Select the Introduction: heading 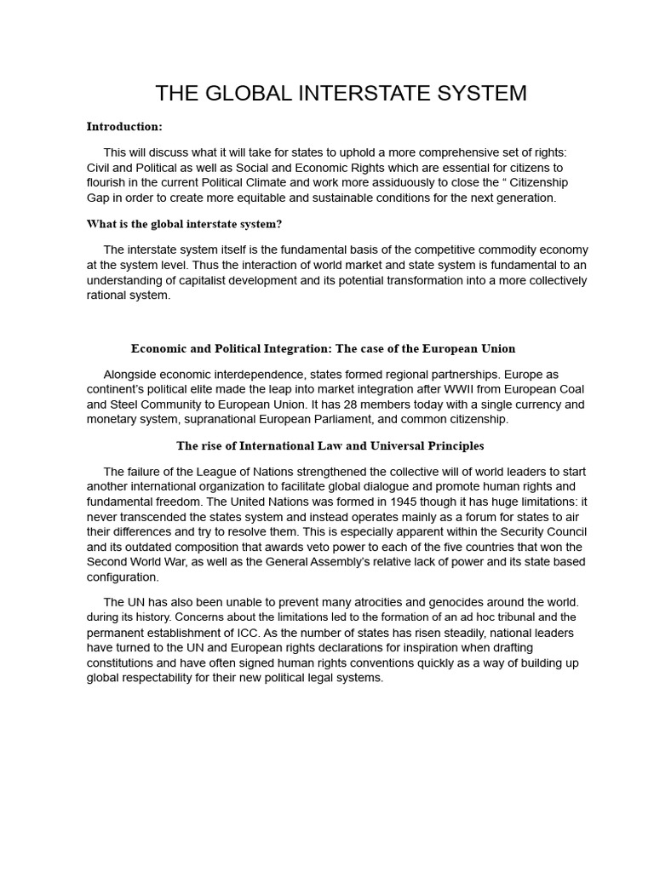[124, 127]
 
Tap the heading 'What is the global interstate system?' [184, 224]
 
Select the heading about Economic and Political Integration [323, 348]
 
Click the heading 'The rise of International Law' [330, 445]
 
